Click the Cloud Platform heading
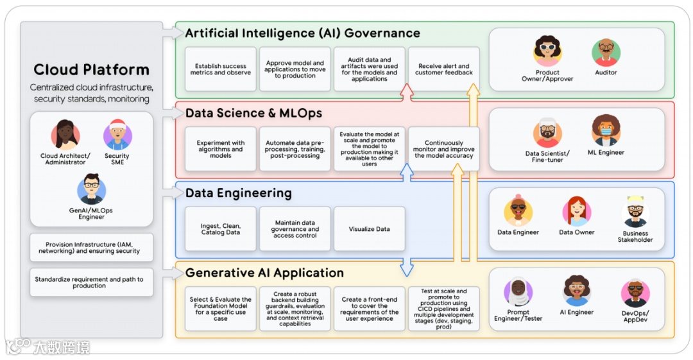coord(91,70)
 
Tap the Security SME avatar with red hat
coord(117,135)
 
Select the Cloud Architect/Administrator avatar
coord(65,135)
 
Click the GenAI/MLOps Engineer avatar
coord(91,189)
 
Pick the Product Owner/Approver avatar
coord(547,51)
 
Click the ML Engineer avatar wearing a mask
coord(606,131)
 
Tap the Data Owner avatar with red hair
coord(576,211)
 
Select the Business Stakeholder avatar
coord(635,211)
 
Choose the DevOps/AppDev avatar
coord(635,293)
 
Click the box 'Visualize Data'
coord(369,229)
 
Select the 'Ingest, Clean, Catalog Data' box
coord(220,229)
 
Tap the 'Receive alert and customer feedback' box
coord(443,69)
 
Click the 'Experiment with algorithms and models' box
coord(220,149)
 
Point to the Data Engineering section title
coord(238,193)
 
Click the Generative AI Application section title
coord(264,273)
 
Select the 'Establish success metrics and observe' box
coord(220,69)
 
